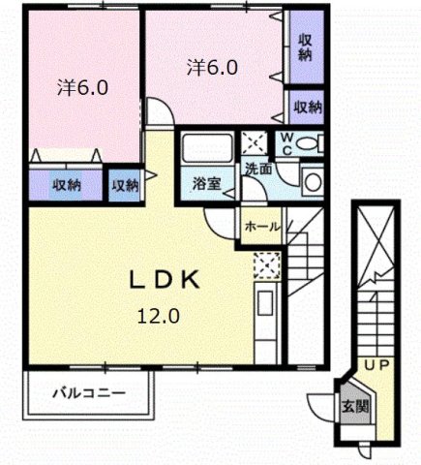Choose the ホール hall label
[x=262, y=227]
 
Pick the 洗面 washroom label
[x=257, y=169]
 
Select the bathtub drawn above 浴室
[x=204, y=150]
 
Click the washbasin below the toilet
[x=313, y=180]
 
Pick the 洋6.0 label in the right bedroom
[x=213, y=68]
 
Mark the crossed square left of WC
[x=256, y=143]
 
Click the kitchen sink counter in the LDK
[x=266, y=320]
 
